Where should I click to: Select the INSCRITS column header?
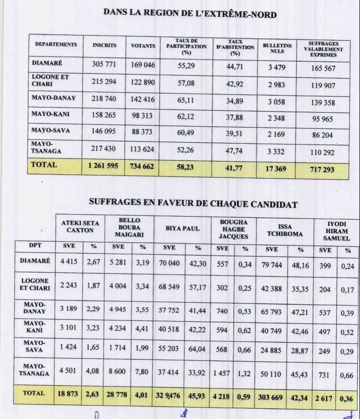point(105,45)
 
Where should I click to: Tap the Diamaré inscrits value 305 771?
point(104,66)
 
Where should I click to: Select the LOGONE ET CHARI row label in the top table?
point(50,81)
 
